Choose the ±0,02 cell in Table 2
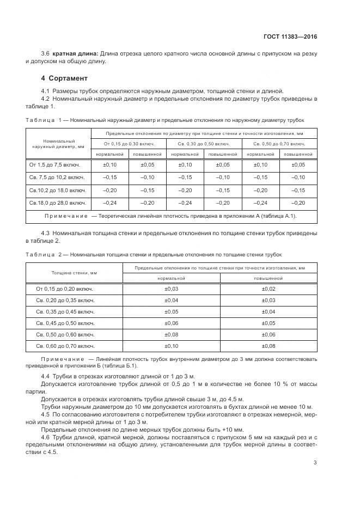tap(269, 289)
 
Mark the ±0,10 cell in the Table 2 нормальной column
tap(172, 346)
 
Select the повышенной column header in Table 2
tap(269, 278)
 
